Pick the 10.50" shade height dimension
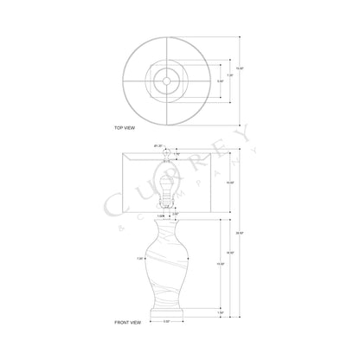[229, 183]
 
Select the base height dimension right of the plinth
[222, 311]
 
